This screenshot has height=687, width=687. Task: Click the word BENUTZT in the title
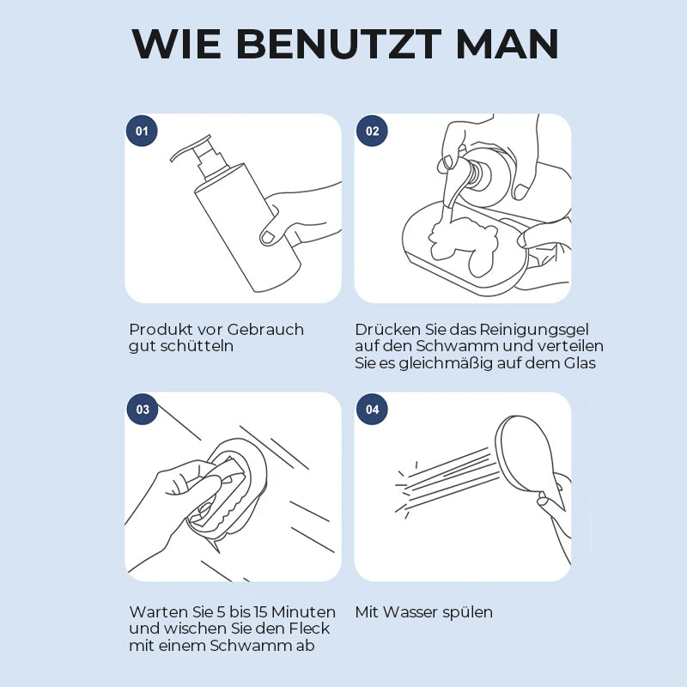pyautogui.click(x=338, y=45)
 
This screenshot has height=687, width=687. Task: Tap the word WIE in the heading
pyautogui.click(x=176, y=45)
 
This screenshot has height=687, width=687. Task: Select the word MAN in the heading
pyautogui.click(x=508, y=45)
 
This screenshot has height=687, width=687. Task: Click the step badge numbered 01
pyautogui.click(x=142, y=131)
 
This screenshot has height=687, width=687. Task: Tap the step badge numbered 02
pyautogui.click(x=372, y=131)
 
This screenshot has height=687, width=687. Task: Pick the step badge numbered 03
pyautogui.click(x=142, y=410)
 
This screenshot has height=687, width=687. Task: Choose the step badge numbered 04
pyautogui.click(x=372, y=410)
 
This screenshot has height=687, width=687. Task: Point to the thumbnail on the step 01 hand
pyautogui.click(x=267, y=237)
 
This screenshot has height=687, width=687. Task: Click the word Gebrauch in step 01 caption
pyautogui.click(x=265, y=330)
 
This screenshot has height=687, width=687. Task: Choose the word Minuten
pyautogui.click(x=305, y=611)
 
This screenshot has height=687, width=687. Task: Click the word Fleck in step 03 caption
pyautogui.click(x=309, y=629)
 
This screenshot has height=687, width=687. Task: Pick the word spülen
pyautogui.click(x=467, y=613)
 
